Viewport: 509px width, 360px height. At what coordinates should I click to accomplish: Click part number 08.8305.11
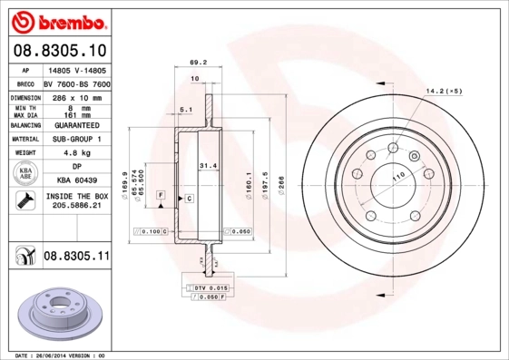[76, 257]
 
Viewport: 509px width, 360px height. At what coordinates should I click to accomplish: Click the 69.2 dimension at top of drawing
[194, 63]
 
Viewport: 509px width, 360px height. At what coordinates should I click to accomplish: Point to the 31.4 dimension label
[208, 166]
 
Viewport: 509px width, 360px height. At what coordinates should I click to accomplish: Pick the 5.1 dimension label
[185, 110]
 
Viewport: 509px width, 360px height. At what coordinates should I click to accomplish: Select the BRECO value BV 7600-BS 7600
[77, 83]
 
